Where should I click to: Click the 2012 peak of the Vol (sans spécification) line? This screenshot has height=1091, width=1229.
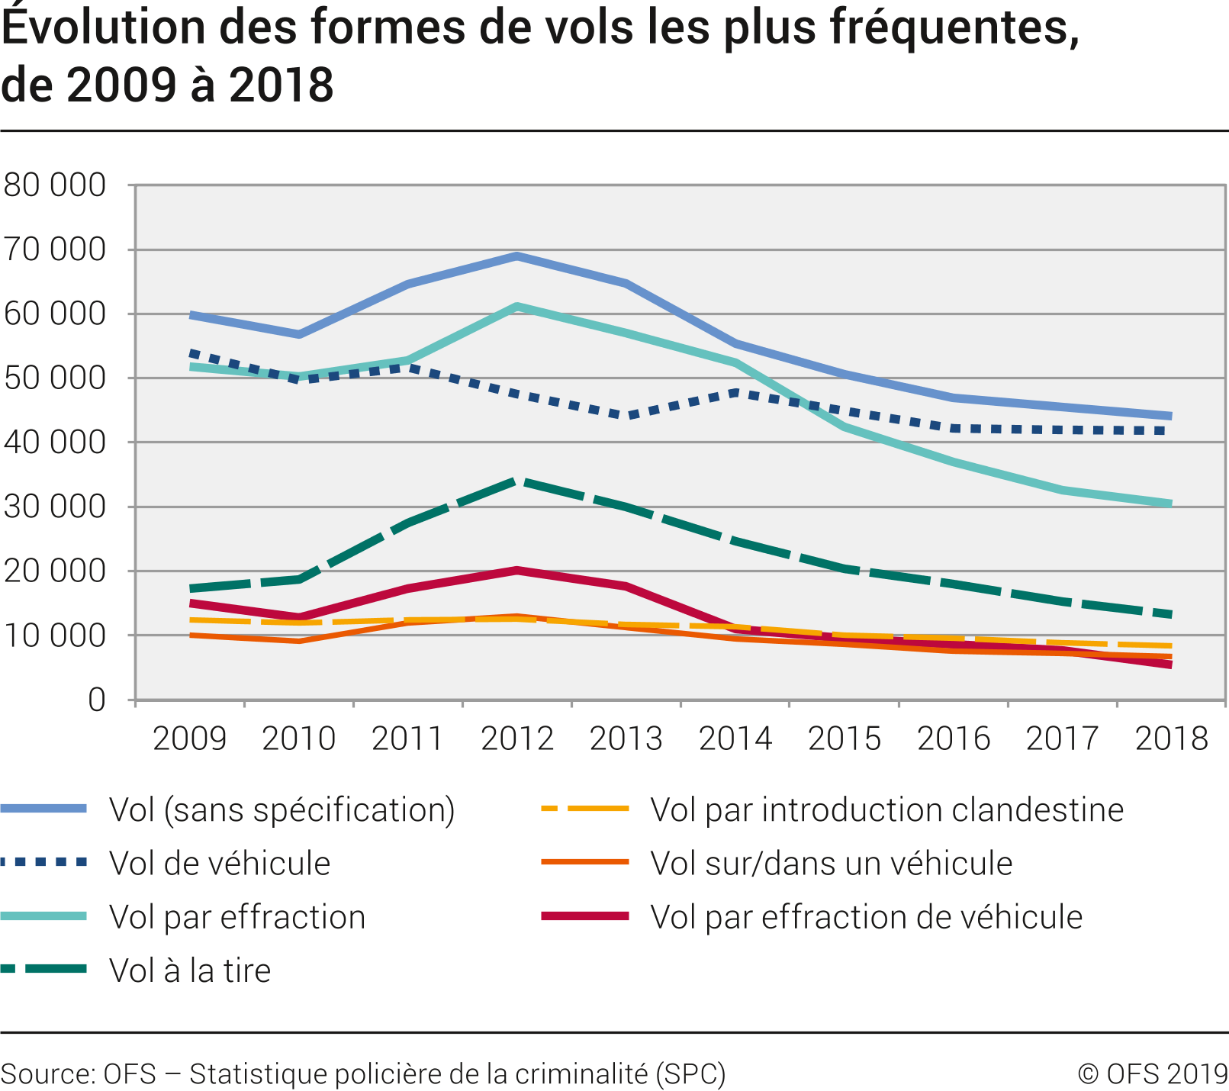point(517,256)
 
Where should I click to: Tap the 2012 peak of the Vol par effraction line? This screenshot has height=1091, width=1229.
point(517,307)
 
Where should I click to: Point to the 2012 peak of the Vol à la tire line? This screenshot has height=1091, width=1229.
point(517,481)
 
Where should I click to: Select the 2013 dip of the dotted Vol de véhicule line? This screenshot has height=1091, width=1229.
point(626,417)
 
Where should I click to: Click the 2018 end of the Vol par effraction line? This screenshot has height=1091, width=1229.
point(1170,504)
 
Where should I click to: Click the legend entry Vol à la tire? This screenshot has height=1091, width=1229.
point(190,970)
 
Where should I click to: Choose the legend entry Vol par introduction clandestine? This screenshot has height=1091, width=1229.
point(886,810)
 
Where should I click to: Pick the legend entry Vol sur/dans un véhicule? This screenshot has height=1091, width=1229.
point(831,864)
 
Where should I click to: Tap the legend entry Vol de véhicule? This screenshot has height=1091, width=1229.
point(220,864)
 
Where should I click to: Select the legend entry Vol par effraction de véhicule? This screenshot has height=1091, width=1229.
point(866,917)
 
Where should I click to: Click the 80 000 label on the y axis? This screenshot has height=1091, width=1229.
point(54,185)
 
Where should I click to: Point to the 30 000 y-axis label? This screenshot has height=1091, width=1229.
point(54,507)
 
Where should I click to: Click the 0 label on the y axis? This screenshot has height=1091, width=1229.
point(96,700)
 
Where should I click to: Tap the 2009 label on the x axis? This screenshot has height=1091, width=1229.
point(190,739)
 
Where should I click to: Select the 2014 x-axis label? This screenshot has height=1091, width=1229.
point(735,739)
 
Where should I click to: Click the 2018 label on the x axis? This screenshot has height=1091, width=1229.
point(1171,739)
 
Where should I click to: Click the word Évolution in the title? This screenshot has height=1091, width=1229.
point(104,28)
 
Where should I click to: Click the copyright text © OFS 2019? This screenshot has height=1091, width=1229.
point(1152,1073)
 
